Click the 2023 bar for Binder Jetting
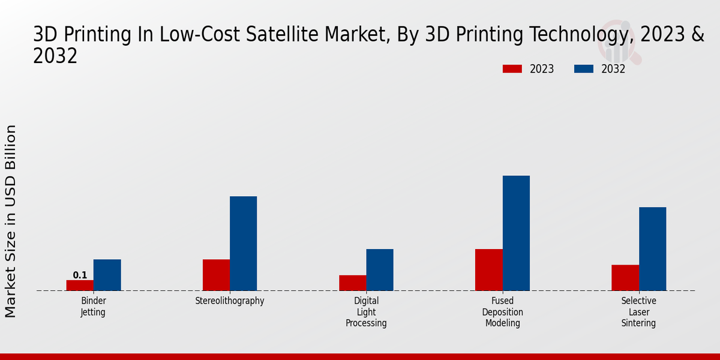tap(80, 285)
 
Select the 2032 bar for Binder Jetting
tap(107, 275)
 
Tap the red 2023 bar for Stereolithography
tap(216, 275)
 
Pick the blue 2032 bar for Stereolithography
tap(243, 243)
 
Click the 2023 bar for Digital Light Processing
tap(352, 283)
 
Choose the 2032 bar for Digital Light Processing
tap(380, 269)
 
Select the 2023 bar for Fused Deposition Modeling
tap(488, 269)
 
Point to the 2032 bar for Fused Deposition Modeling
tap(516, 233)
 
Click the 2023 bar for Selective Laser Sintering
tap(625, 277)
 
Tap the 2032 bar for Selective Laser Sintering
tap(652, 248)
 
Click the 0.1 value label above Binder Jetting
tap(80, 275)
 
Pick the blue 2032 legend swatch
tap(583, 69)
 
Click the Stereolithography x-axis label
tap(230, 301)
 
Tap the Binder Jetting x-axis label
tap(93, 307)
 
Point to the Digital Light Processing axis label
tap(366, 312)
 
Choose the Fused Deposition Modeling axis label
tap(502, 312)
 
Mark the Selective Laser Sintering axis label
tap(638, 312)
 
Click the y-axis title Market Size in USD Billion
tap(11, 221)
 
